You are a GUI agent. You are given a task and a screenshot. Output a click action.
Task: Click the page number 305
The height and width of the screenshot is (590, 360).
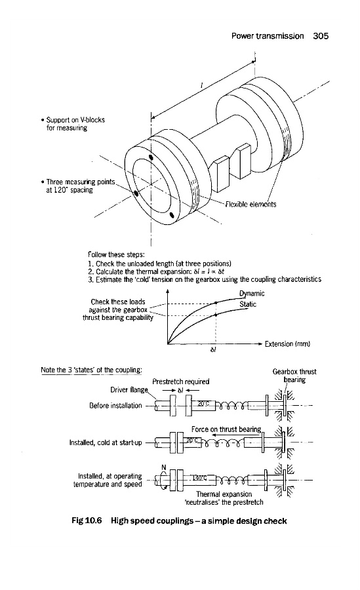321,36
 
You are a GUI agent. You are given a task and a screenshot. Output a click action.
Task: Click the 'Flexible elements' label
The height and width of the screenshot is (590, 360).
250,205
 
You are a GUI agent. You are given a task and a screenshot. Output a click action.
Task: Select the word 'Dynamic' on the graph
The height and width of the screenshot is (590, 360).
252,294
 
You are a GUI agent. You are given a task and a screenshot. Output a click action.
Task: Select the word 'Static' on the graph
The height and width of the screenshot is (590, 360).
248,304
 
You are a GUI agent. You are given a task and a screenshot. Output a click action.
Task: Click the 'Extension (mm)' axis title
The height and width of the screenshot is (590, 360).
287,344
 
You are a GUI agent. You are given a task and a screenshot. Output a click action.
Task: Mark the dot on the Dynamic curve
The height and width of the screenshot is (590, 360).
216,302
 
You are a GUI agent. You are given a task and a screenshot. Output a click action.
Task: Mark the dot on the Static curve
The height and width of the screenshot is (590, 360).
216,315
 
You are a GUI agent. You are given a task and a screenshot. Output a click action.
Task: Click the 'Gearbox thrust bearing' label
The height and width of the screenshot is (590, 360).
294,376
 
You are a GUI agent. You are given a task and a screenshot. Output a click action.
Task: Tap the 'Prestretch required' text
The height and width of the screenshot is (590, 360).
181,382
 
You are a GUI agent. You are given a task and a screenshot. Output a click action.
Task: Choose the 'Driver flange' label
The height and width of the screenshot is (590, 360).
129,390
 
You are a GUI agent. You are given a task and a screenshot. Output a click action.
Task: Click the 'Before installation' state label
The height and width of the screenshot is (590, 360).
115,406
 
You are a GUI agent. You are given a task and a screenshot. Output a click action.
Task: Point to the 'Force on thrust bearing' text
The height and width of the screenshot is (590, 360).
226,429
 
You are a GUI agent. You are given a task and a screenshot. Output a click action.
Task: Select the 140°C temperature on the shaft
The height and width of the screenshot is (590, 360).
199,478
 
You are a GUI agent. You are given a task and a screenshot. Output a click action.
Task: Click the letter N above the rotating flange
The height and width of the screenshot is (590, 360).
164,467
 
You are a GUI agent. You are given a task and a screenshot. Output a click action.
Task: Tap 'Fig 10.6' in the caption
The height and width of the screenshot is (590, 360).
87,521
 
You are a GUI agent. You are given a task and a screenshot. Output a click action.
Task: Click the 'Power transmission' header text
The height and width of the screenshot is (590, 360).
268,36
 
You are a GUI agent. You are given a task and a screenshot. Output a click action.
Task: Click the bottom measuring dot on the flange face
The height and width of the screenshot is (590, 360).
172,215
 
